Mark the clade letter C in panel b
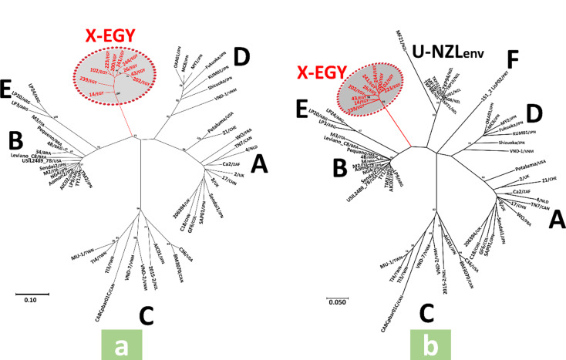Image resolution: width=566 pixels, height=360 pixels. click(x=426, y=314)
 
